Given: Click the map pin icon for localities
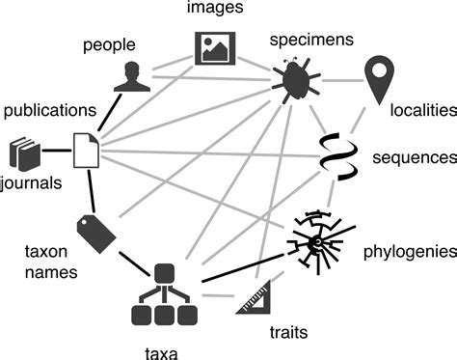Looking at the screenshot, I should (381, 77).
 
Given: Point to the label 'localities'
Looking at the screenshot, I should (421, 111).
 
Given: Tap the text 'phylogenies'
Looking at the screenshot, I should (408, 252).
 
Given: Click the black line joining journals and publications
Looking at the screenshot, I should (59, 152).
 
